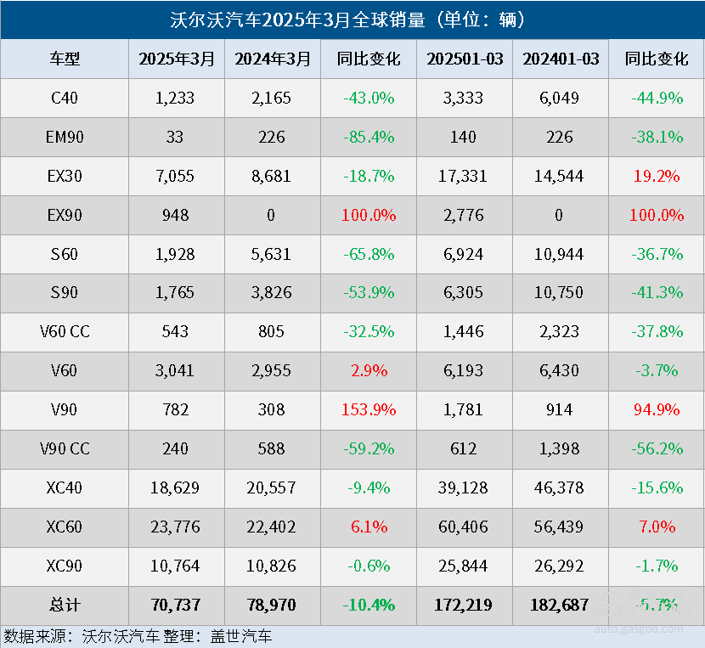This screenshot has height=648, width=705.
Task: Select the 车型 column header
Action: point(65,59)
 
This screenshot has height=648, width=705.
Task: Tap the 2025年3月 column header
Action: point(177,59)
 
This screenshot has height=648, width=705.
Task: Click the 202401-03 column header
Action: point(561,59)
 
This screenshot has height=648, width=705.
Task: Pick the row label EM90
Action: point(65,137)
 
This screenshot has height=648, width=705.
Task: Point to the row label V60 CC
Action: point(65,332)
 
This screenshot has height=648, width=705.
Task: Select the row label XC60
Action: point(65,527)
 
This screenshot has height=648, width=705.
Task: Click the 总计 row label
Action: point(65,606)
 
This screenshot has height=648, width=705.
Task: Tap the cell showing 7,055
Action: point(175,176)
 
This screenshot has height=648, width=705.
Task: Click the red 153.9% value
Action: point(369,410)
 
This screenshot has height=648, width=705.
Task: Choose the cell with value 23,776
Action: point(175,527)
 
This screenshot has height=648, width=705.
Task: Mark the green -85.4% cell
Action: point(369,137)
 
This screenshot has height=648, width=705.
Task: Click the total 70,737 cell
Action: point(175,606)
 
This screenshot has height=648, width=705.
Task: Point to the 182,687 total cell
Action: point(561,606)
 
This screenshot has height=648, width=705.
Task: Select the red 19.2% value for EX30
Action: point(657,176)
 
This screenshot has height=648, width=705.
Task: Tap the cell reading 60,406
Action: point(464,527)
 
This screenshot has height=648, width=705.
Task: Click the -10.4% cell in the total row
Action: point(369,606)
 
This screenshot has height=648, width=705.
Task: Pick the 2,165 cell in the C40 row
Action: point(272,98)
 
